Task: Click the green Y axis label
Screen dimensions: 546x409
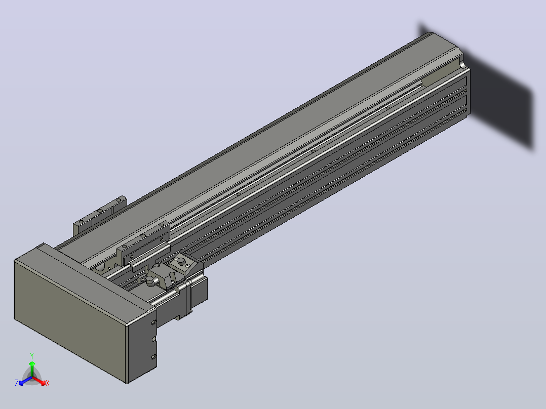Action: pos(32,356)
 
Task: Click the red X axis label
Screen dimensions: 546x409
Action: pos(48,383)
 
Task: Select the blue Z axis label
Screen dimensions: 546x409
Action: pos(17,383)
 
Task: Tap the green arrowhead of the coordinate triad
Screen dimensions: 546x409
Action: pos(32,364)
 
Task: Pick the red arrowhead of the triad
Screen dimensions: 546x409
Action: pos(43,383)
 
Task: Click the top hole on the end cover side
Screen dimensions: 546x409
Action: pos(153,322)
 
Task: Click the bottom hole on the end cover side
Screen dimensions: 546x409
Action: pos(153,357)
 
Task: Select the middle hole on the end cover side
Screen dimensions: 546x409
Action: pos(153,339)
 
